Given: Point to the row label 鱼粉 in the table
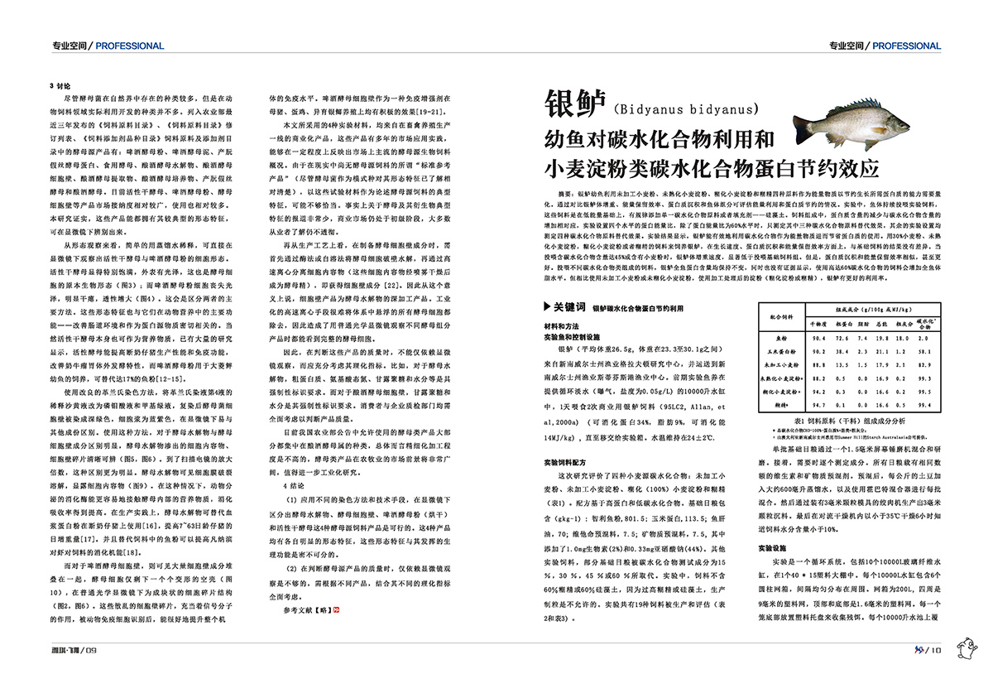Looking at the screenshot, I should [783, 338].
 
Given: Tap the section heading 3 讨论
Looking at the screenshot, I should [61, 86].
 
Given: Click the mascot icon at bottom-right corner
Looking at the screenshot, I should [968, 648].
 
